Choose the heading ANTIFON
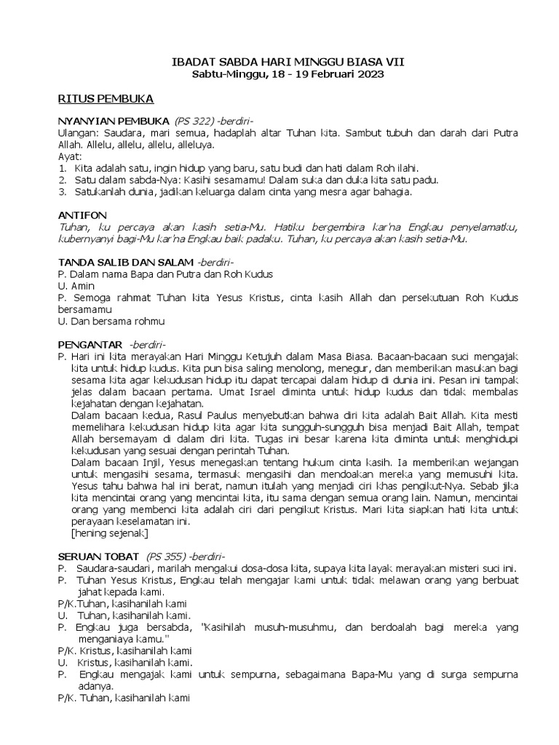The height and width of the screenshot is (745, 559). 82,215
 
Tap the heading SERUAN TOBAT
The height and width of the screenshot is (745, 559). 98,557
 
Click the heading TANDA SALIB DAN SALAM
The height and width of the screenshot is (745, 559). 125,262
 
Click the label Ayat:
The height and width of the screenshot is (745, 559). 71,157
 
